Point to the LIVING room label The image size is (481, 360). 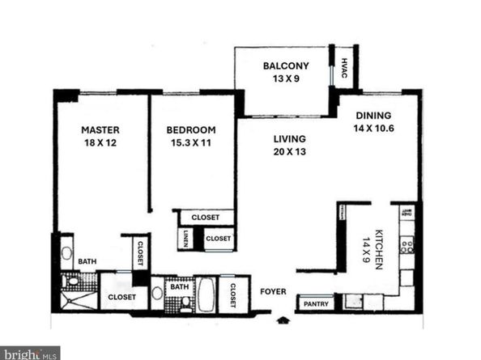click(x=290, y=138)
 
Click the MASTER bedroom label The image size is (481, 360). click(x=100, y=129)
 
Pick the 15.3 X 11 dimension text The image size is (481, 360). click(x=191, y=143)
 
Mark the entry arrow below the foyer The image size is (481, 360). click(x=283, y=320)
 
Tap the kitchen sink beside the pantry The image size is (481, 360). click(x=354, y=303)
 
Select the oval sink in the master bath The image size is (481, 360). click(x=66, y=252)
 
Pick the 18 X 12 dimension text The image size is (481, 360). click(x=100, y=143)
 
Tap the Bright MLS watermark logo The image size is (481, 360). click(x=30, y=353)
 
